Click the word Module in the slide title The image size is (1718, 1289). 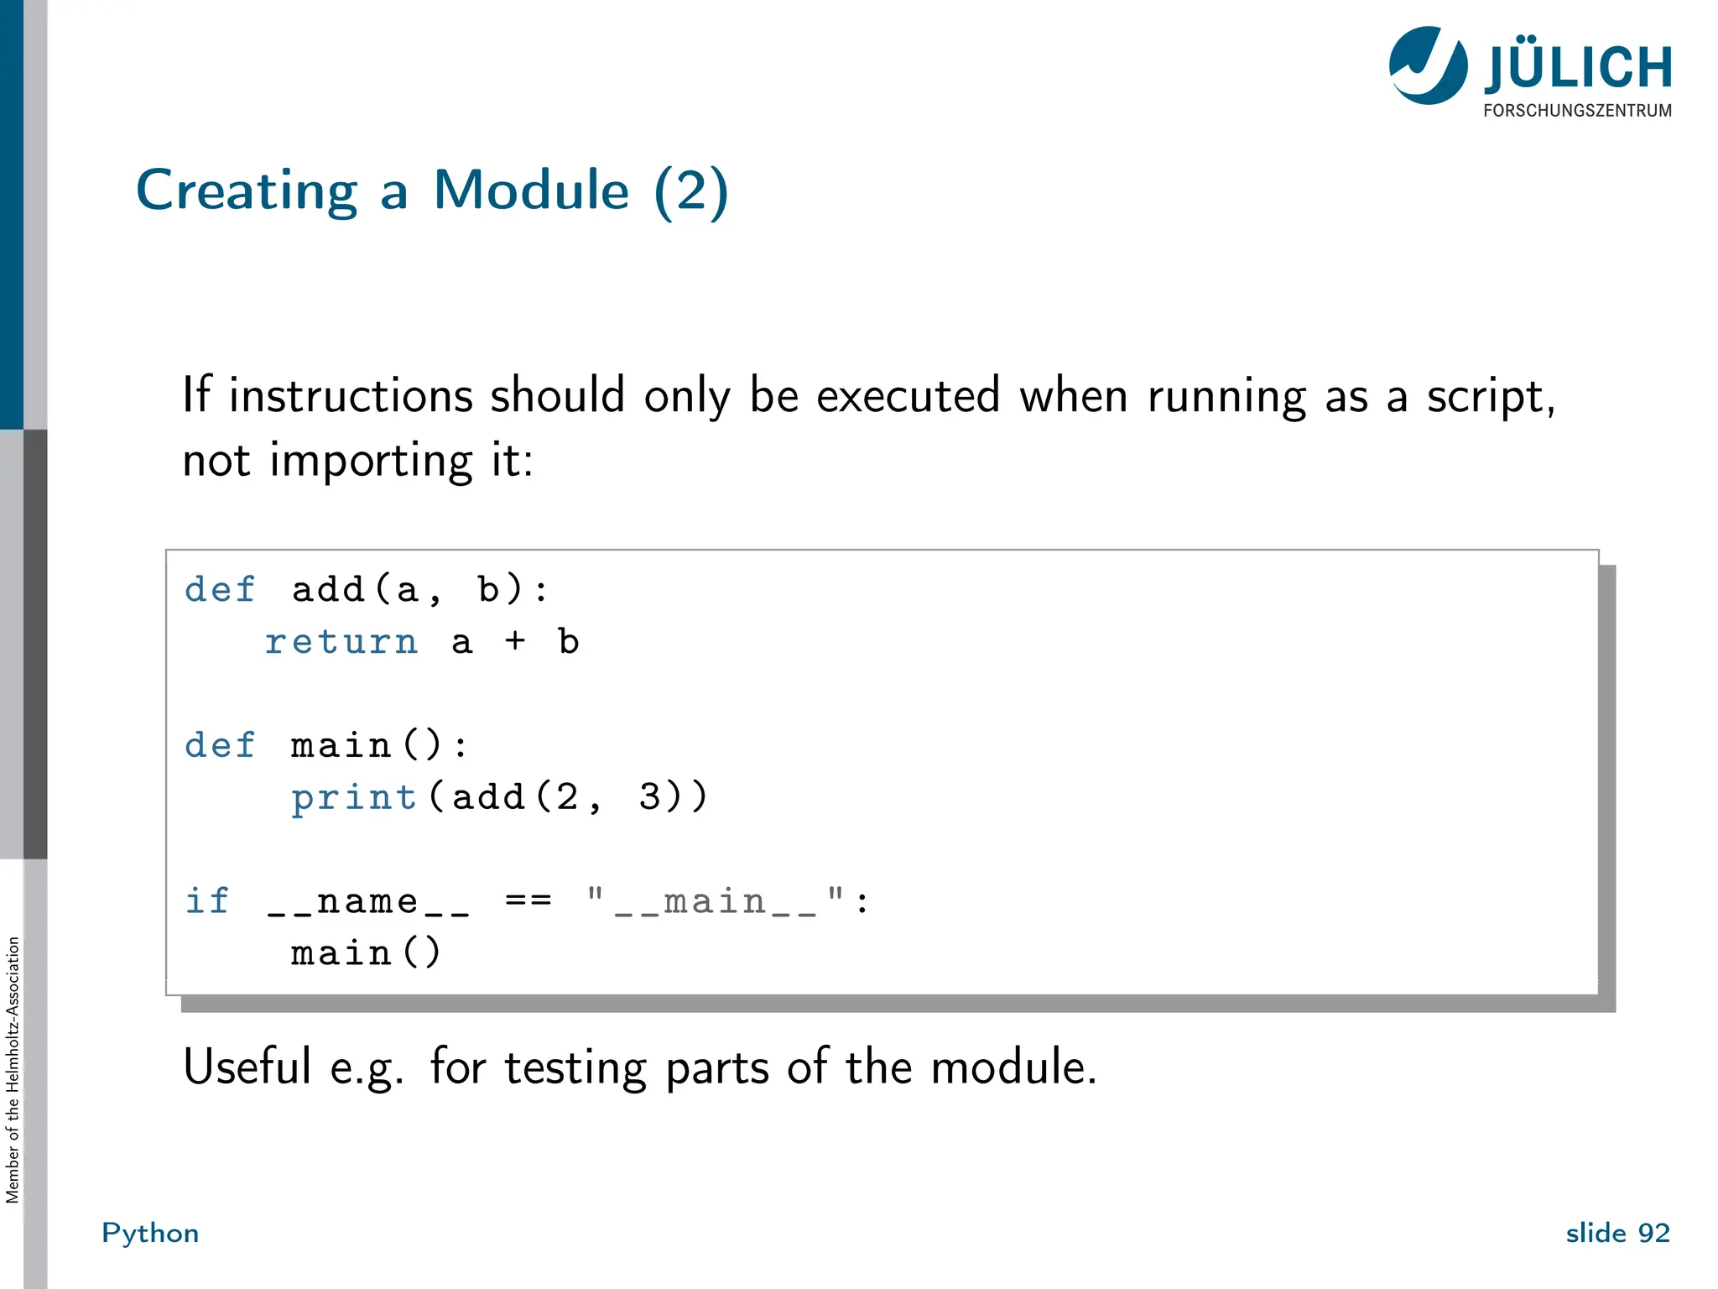point(531,191)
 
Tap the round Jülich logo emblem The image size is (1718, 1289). point(1428,65)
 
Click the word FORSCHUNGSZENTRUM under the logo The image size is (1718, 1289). point(1577,111)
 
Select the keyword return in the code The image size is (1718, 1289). point(341,643)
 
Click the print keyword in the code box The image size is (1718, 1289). point(354,798)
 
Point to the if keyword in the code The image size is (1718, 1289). point(206,901)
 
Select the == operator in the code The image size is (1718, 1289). point(528,901)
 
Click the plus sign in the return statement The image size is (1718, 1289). point(515,642)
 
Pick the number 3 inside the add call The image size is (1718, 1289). point(648,797)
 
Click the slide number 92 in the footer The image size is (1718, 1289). point(1653,1233)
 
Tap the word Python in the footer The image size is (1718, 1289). point(150,1234)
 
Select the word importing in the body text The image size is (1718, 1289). point(371,462)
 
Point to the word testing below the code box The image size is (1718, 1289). point(575,1068)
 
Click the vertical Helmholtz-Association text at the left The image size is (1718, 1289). point(13,1070)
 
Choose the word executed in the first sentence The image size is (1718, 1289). point(908,396)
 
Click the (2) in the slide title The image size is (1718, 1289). point(691,191)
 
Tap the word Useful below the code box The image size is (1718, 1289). point(247,1067)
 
